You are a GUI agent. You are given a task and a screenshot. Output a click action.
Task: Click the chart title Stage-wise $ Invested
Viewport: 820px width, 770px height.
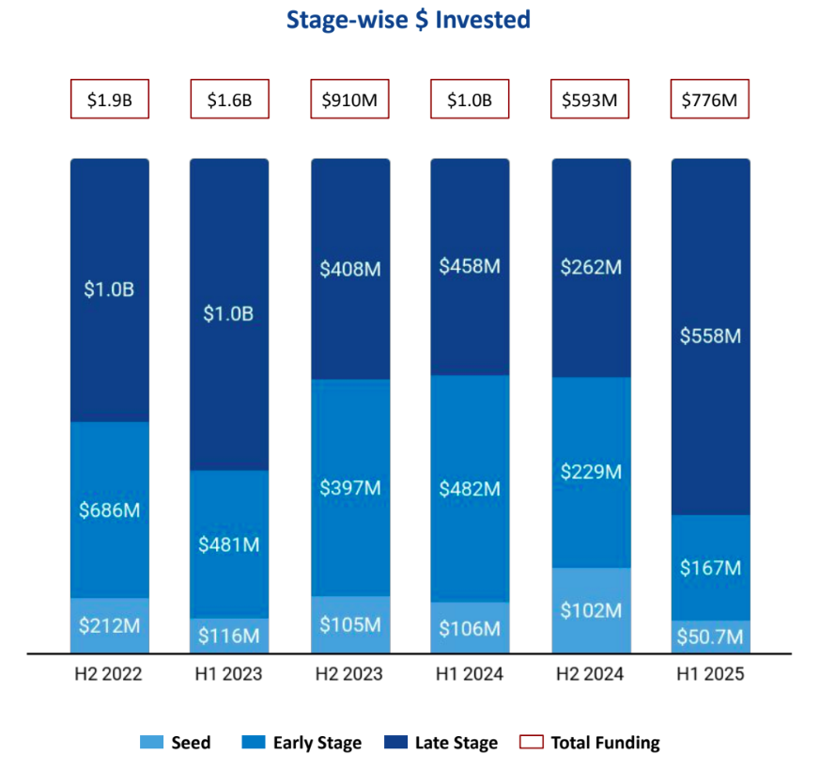click(x=409, y=19)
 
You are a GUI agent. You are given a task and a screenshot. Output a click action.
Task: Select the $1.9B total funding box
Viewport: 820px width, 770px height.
click(x=109, y=101)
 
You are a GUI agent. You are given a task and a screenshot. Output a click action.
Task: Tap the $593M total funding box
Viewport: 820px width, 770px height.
click(x=590, y=101)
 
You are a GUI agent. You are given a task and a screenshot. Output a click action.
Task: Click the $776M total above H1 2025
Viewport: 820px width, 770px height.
click(x=710, y=101)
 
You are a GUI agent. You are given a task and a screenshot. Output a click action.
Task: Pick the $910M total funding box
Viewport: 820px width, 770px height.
click(x=349, y=101)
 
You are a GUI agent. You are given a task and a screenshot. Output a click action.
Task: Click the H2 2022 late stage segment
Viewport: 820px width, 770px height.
click(x=109, y=290)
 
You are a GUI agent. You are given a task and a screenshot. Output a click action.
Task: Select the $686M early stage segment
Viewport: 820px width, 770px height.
click(x=109, y=511)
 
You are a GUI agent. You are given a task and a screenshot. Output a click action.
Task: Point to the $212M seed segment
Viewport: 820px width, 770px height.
click(x=109, y=625)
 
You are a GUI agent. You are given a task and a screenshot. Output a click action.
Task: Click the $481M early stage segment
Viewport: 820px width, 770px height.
click(x=229, y=544)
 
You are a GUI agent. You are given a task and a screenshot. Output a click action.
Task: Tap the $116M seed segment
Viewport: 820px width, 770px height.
click(x=229, y=636)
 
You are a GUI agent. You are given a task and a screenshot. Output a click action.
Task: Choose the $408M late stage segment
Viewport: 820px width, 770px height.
click(x=349, y=269)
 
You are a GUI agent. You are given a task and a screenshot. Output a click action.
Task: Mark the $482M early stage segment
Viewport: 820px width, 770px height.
click(x=470, y=489)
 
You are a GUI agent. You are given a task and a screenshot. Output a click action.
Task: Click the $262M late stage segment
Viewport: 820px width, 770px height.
click(x=590, y=267)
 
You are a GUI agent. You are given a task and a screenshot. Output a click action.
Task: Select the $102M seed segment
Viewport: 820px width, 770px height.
click(x=590, y=610)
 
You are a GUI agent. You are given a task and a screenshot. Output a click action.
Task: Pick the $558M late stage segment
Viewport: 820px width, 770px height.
click(x=710, y=336)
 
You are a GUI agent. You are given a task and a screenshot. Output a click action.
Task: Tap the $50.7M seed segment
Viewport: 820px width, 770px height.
click(x=710, y=637)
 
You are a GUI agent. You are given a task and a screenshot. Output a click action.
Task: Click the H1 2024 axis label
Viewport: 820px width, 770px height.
click(x=470, y=674)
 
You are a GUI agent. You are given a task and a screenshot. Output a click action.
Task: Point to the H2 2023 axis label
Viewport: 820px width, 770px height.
click(x=349, y=674)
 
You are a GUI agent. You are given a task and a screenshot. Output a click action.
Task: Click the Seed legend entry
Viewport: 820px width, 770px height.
click(x=176, y=743)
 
